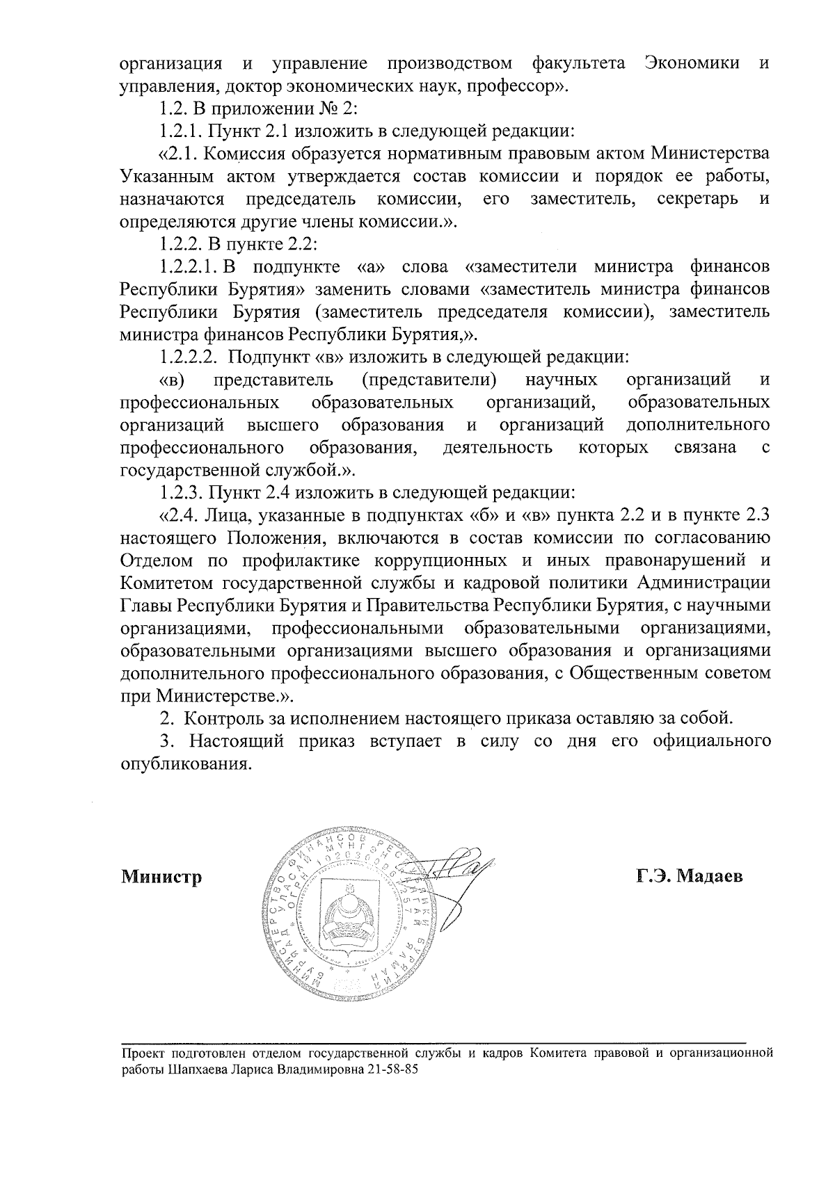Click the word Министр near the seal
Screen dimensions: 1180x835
click(161, 877)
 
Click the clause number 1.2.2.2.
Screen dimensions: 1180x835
click(190, 357)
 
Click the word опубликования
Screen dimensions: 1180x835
click(185, 763)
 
